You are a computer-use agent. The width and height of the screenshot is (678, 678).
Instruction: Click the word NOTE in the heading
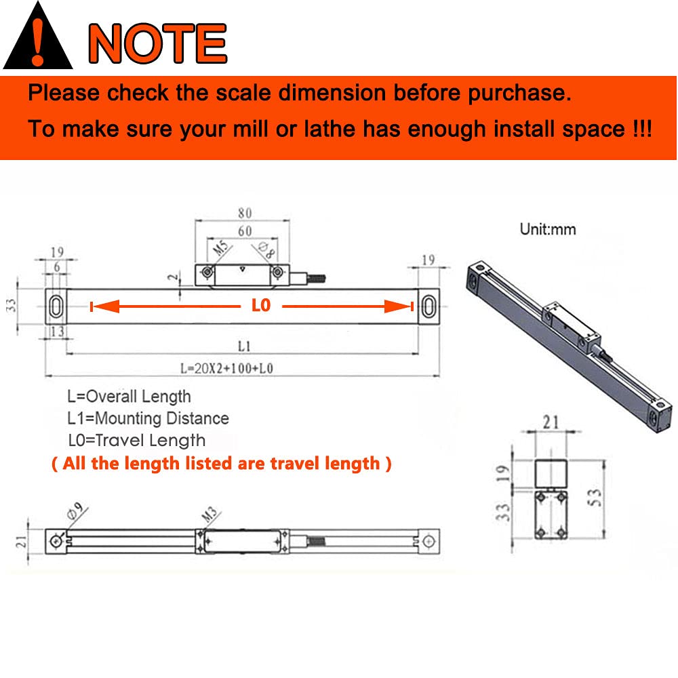point(158,43)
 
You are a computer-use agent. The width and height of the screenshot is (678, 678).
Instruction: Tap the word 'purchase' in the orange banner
point(519,93)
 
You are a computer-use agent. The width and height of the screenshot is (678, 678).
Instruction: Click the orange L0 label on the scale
point(261,305)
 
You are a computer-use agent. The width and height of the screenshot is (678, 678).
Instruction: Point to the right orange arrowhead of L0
point(398,306)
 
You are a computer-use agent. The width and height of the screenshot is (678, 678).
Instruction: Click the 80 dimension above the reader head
point(245,213)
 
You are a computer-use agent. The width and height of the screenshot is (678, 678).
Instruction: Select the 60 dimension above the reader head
point(245,231)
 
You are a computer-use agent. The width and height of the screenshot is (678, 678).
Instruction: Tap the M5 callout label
point(220,247)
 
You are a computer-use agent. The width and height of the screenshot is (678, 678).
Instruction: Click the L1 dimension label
point(244,346)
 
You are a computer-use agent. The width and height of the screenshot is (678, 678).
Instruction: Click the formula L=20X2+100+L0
point(226,368)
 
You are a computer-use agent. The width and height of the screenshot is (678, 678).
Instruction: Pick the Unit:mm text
point(548,229)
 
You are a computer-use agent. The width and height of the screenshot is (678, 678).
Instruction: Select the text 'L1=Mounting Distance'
point(148,418)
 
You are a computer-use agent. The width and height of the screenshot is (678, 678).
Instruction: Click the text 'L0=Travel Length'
point(137,440)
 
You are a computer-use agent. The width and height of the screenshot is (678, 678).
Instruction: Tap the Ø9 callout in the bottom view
point(75,511)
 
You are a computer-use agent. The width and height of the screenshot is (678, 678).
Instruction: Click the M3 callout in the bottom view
point(210,514)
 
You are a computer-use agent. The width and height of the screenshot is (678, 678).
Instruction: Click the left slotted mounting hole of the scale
point(56,306)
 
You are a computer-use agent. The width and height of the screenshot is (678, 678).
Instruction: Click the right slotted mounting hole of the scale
point(428,306)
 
